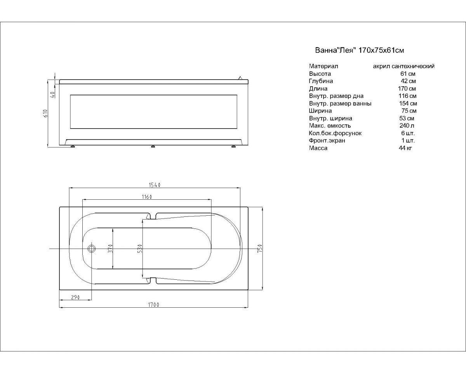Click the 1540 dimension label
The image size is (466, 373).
(x=155, y=185)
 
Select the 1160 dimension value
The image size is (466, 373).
(x=147, y=197)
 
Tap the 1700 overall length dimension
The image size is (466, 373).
(x=153, y=305)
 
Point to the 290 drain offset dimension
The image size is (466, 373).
(x=75, y=297)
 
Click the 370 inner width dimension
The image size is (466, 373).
(x=110, y=248)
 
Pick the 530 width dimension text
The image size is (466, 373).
(x=140, y=249)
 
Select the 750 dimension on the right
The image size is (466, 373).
(x=260, y=248)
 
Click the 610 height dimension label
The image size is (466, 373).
(x=45, y=113)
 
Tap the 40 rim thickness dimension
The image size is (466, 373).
(x=52, y=94)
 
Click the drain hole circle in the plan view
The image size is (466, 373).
(x=91, y=249)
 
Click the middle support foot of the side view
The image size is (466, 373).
(x=153, y=146)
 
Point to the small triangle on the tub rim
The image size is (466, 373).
(x=240, y=78)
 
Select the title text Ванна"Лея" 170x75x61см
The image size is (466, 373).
(x=360, y=50)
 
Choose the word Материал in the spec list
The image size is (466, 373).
(x=323, y=66)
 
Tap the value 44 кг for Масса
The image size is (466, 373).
(x=405, y=148)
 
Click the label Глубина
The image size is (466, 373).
(x=321, y=81)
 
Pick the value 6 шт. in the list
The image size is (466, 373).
(x=408, y=133)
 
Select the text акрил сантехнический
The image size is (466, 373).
(x=403, y=66)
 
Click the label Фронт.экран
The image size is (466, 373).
(x=327, y=140)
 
